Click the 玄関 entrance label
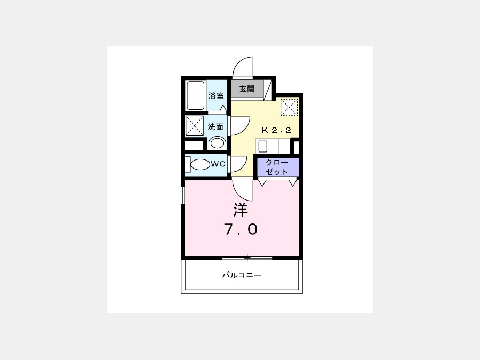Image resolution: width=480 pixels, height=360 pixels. point(247,89)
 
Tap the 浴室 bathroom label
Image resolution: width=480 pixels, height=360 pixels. point(216,96)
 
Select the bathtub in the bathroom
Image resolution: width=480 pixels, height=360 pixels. point(195,95)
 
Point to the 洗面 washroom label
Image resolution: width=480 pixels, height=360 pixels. point(215,127)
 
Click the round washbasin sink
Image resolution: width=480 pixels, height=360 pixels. point(217,143)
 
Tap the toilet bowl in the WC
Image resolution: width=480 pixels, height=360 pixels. point(200,165)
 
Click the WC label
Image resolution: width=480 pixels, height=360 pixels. point(218,164)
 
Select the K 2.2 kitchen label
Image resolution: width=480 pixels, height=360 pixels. point(276,131)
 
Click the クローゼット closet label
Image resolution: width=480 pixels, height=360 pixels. point(277,167)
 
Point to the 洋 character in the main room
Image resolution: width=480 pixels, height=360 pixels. point(241,210)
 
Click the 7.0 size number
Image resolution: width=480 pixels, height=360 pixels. point(241,229)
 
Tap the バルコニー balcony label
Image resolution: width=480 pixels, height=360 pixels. point(242,275)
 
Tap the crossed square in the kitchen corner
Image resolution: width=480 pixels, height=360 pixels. point(289,107)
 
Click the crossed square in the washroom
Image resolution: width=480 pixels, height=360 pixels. point(195,126)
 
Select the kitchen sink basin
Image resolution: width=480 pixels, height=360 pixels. point(263,147)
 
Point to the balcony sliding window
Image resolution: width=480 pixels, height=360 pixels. point(247,258)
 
